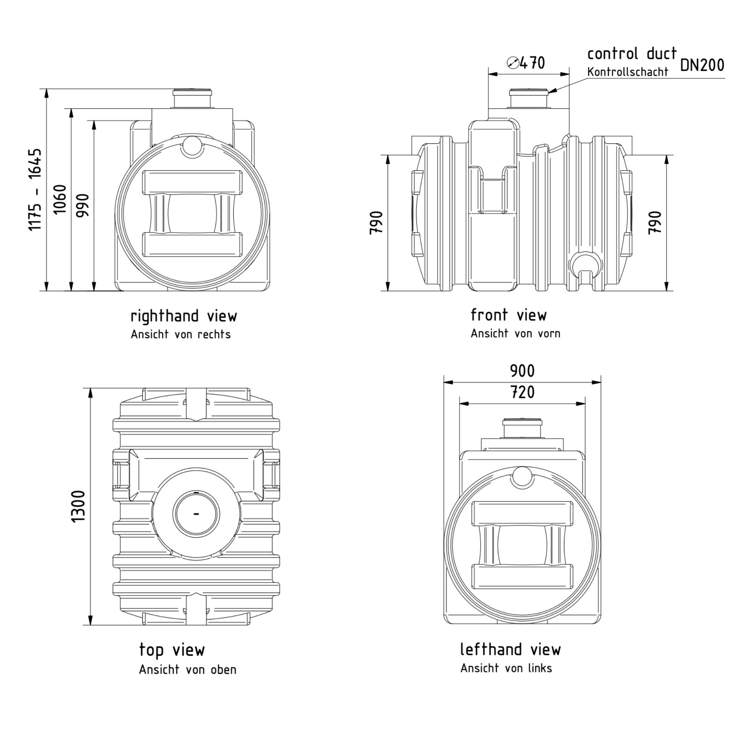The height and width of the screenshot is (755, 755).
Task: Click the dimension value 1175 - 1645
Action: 35,190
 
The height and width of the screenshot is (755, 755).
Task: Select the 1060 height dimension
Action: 60,199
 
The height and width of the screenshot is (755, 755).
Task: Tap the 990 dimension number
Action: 83,205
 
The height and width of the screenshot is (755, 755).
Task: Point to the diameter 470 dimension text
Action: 532,63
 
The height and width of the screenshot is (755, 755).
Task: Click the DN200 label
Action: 702,65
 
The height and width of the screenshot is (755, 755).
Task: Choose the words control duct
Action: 632,54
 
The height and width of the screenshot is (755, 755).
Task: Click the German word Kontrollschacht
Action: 628,72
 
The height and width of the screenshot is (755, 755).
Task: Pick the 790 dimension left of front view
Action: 376,223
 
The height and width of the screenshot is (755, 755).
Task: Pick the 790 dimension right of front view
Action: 655,223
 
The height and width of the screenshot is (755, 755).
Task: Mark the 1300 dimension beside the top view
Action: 78,506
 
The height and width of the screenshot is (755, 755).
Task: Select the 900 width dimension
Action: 522,371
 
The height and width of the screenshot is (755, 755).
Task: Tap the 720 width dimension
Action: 522,392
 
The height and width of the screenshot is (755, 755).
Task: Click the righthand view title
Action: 184,316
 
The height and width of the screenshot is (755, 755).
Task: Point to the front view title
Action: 508,315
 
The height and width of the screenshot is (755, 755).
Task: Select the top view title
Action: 172,650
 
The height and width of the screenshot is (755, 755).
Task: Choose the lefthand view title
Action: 510,649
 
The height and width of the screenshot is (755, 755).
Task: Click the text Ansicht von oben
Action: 188,670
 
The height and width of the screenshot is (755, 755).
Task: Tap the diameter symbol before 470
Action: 513,63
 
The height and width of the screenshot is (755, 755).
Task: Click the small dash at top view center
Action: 196,513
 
